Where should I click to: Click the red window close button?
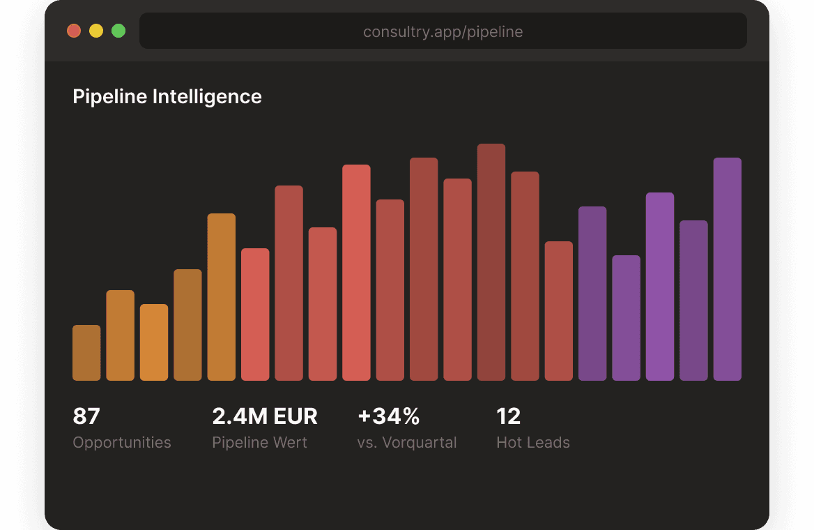pos(74,31)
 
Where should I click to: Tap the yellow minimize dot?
pos(96,31)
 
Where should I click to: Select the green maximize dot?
pos(118,31)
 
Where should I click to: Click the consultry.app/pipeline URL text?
pos(443,31)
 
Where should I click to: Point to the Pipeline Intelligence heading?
pos(167,96)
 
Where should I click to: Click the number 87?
pos(86,416)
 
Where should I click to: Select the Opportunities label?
pos(122,442)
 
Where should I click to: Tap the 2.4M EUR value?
pos(265,416)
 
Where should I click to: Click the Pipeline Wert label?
pos(259,442)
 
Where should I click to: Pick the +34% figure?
pos(389,416)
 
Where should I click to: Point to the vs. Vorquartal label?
pos(407,442)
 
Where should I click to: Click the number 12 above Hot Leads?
pos(509,416)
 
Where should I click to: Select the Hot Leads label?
pos(533,442)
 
